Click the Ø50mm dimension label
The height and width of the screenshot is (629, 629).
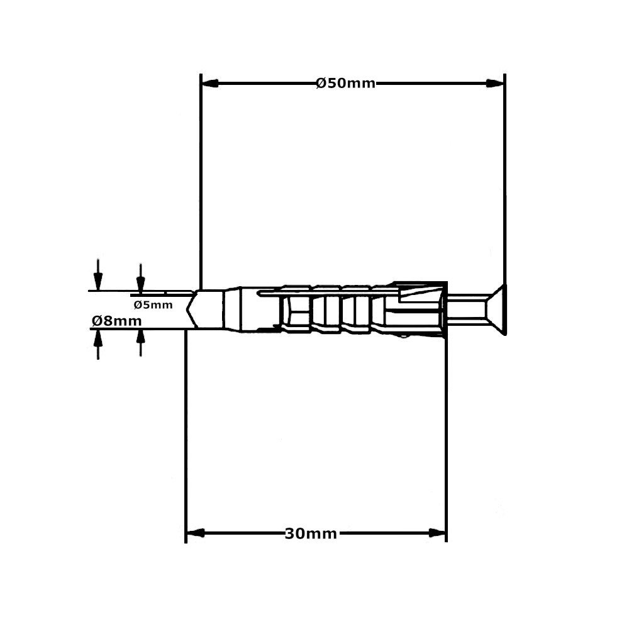click(345, 83)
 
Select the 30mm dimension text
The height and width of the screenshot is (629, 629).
click(311, 534)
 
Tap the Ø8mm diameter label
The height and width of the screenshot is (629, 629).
click(116, 321)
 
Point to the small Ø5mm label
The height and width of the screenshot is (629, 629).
click(152, 305)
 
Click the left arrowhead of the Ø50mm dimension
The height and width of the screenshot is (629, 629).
click(209, 83)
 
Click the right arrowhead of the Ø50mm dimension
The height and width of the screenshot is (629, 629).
click(496, 83)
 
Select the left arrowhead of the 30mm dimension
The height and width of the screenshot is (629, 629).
click(195, 533)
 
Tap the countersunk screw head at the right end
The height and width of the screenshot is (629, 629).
click(497, 309)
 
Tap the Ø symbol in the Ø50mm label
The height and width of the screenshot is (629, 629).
click(321, 83)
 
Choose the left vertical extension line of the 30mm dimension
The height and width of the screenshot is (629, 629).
click(186, 440)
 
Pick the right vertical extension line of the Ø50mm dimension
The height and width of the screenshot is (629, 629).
click(504, 189)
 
